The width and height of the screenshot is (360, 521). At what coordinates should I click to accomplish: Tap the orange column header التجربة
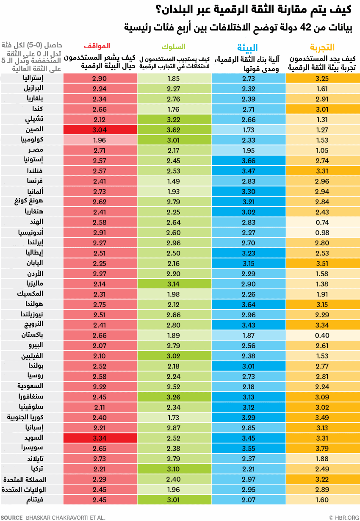click(x=322, y=47)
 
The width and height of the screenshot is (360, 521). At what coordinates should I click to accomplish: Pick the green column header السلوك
click(x=174, y=46)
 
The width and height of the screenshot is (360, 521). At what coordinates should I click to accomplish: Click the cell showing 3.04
click(x=100, y=130)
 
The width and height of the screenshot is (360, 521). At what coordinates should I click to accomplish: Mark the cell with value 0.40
click(x=322, y=335)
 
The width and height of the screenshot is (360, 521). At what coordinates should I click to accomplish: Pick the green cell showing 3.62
click(x=174, y=130)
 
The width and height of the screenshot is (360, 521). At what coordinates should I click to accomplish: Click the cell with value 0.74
click(x=322, y=222)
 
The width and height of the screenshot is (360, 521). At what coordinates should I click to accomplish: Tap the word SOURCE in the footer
click(x=12, y=517)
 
